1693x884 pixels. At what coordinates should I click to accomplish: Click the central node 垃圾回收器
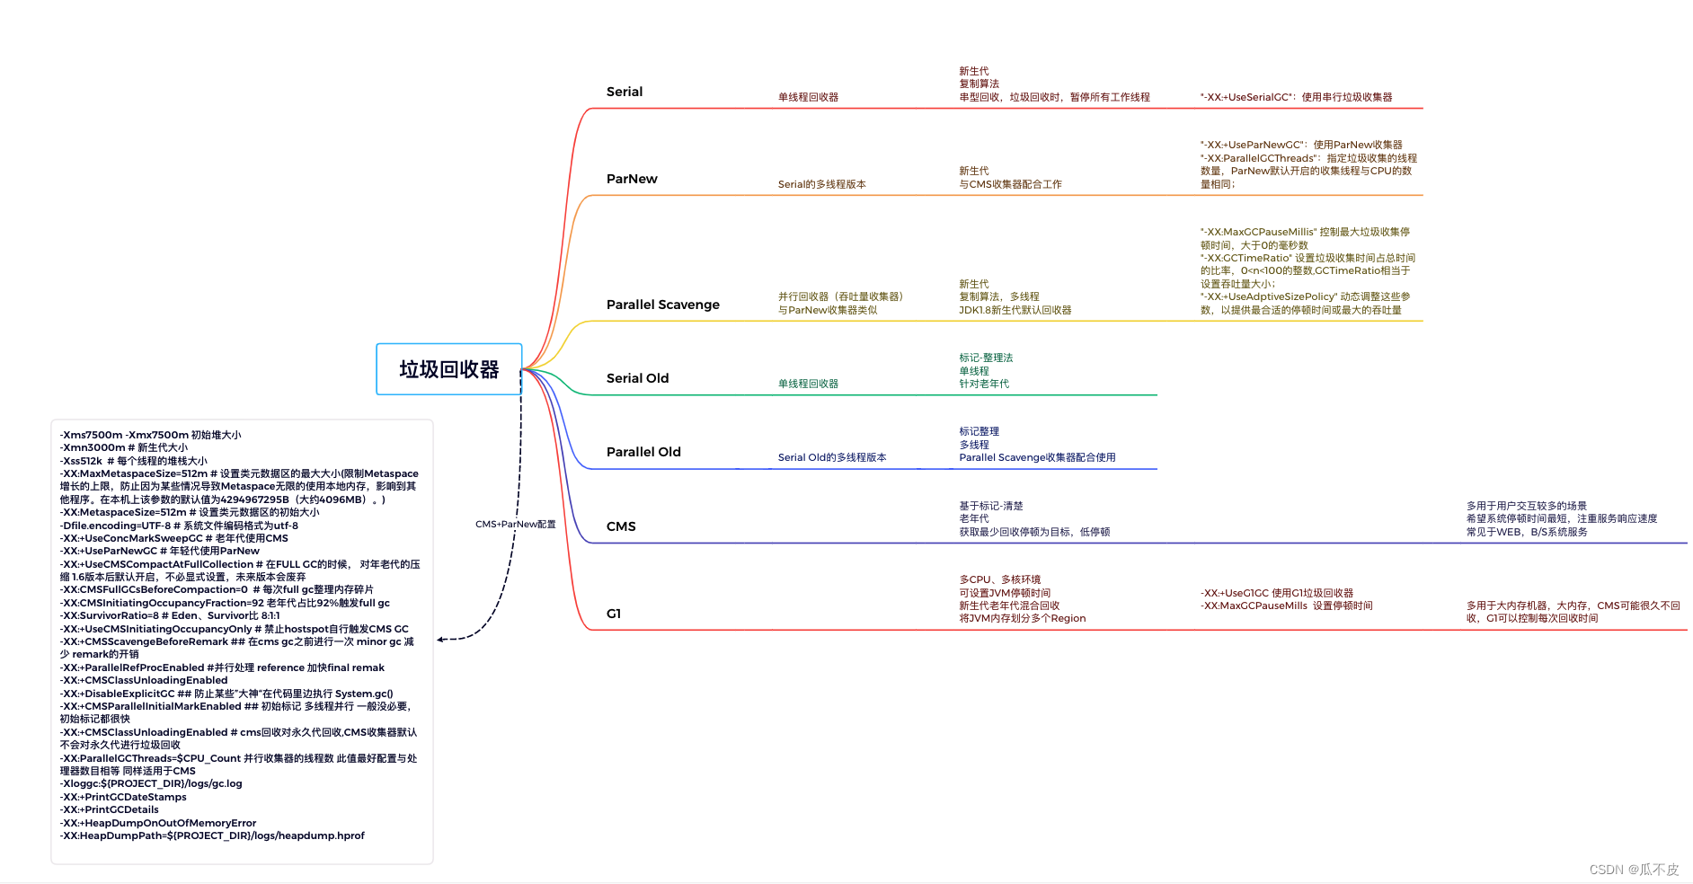tap(448, 369)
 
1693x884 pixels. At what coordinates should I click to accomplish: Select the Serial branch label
tap(625, 92)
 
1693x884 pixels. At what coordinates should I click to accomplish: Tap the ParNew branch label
tap(632, 179)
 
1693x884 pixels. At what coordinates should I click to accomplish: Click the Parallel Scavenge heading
tap(663, 305)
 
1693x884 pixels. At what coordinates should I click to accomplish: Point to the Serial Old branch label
tap(637, 378)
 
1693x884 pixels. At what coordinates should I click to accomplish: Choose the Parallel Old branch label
tap(643, 452)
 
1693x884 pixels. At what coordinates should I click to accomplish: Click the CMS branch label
tap(621, 526)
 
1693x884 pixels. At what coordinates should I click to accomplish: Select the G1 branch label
tap(614, 614)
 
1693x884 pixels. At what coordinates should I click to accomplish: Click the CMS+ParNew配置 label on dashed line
tap(516, 524)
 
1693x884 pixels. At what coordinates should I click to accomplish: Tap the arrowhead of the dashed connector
tap(440, 640)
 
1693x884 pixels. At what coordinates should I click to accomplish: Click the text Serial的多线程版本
tap(821, 184)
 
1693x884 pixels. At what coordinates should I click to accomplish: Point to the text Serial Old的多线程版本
tap(832, 457)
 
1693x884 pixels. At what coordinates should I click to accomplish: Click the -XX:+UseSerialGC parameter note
tap(1296, 97)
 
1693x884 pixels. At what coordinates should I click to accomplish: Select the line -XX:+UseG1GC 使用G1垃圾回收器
tap(1277, 593)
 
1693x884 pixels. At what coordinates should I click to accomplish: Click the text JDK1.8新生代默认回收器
tap(1015, 310)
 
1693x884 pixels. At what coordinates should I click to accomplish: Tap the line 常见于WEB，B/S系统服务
tap(1527, 532)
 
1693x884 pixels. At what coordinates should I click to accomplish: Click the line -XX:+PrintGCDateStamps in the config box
tap(124, 797)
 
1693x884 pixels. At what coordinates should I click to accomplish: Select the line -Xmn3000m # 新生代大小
tap(124, 447)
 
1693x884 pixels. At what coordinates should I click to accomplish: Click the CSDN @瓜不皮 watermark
tap(1634, 870)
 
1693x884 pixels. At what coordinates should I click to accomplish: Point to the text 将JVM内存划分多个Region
tap(1022, 618)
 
